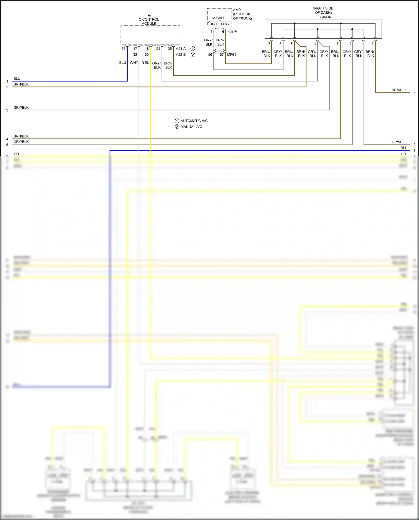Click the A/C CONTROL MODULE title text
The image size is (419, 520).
149,20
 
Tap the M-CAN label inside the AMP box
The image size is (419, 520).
218,18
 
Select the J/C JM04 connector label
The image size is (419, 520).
323,17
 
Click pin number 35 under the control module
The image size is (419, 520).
123,49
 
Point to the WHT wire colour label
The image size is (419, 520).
134,63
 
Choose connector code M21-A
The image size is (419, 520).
180,49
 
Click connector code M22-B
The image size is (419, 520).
180,54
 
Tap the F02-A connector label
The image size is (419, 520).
232,31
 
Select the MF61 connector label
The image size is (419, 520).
232,54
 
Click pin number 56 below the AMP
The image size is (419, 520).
210,54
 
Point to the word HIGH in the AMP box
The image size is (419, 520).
213,24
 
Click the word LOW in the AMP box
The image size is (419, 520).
225,24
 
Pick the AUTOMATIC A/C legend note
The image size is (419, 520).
194,121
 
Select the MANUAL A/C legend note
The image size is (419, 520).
191,127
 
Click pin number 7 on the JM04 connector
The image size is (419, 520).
269,44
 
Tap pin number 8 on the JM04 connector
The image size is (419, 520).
280,44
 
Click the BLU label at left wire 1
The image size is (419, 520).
17,79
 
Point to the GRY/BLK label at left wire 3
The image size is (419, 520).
21,107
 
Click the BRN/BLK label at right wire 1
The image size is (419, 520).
399,90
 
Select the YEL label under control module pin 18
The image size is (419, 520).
146,63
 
